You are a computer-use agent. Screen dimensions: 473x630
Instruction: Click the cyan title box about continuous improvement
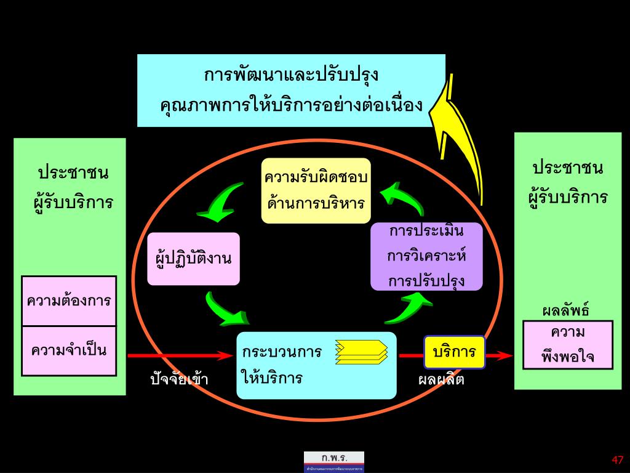coord(290,91)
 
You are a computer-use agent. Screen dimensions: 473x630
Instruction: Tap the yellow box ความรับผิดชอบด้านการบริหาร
coord(316,190)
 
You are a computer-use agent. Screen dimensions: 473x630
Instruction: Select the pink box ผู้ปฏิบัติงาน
coord(193,259)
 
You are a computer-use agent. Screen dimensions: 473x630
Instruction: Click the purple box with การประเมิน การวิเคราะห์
coord(426,256)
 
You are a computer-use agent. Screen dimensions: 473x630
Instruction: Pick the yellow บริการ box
coord(454,352)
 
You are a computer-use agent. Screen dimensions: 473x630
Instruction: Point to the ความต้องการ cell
coord(69,301)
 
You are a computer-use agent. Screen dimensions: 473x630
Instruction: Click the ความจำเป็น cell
coord(69,351)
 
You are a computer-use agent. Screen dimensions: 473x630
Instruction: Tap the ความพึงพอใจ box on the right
coord(567,345)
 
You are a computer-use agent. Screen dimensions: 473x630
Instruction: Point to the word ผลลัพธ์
coord(565,310)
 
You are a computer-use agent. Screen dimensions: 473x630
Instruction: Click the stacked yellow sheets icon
coord(362,352)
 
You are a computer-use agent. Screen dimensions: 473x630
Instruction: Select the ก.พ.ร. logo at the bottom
coord(333,461)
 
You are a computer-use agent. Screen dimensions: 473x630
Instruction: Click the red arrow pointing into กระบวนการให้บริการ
coord(178,355)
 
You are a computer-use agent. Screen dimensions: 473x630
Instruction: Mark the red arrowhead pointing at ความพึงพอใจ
coord(504,355)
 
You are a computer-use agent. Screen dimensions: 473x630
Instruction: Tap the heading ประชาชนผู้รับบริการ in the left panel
coord(73,187)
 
